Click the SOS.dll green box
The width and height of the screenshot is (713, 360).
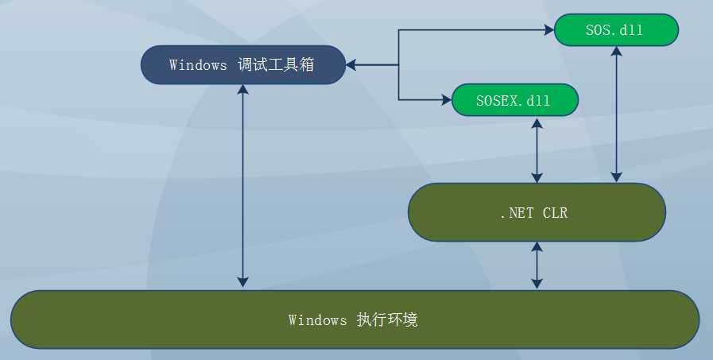pos(615,30)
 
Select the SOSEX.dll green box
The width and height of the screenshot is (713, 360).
pos(514,101)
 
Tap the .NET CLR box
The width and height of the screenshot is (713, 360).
pos(537,212)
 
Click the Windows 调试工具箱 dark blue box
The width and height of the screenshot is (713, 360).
pos(243,65)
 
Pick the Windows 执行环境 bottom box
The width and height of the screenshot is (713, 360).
pos(355,319)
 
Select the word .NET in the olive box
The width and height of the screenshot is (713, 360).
pos(515,213)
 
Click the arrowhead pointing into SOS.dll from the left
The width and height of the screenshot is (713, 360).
pos(548,30)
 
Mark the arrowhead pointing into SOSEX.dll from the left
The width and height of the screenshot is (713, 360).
pos(446,100)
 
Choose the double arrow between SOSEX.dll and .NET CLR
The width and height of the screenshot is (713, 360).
pos(538,150)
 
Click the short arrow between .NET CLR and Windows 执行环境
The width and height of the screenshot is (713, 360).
pos(538,265)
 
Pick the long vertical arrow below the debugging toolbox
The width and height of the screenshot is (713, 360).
pos(243,186)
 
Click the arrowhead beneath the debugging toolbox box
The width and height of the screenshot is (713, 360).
pos(243,90)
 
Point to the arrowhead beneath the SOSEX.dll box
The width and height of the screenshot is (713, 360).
pos(538,122)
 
